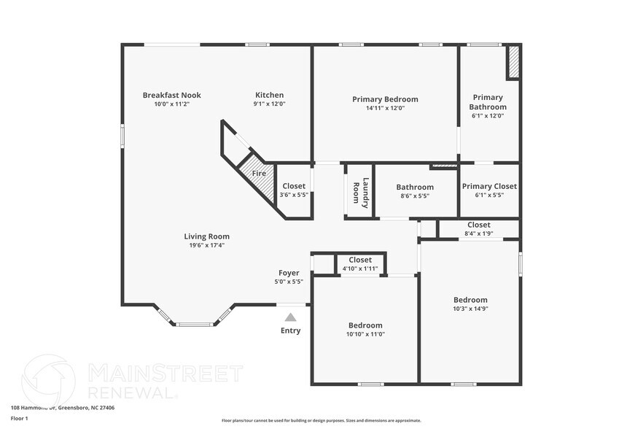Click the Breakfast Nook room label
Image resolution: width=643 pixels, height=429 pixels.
(x=171, y=95)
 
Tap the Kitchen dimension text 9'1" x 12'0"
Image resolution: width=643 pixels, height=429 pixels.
(x=269, y=104)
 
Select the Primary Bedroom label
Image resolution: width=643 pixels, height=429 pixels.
(x=385, y=99)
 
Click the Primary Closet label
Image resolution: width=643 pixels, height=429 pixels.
(x=489, y=186)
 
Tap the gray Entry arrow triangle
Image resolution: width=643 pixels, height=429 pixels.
(x=290, y=317)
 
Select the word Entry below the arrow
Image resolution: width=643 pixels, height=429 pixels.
(x=290, y=331)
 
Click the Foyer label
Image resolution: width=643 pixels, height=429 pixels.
(x=289, y=273)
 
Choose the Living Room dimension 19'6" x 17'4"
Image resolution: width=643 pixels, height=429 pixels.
(x=206, y=245)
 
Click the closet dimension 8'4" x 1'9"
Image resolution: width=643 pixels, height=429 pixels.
(x=479, y=233)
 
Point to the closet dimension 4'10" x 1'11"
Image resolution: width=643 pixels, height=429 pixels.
(x=360, y=268)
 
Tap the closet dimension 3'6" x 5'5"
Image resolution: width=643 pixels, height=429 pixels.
(x=294, y=196)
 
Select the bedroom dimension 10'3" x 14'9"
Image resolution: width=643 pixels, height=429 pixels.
(x=470, y=309)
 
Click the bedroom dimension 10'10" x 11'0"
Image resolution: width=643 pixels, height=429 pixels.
(x=365, y=334)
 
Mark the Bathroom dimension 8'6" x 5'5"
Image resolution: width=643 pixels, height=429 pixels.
(x=415, y=196)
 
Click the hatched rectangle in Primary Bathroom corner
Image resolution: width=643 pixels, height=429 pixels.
(x=513, y=62)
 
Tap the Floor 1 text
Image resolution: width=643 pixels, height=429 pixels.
(x=19, y=419)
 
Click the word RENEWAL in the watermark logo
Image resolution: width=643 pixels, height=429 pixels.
(x=131, y=392)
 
